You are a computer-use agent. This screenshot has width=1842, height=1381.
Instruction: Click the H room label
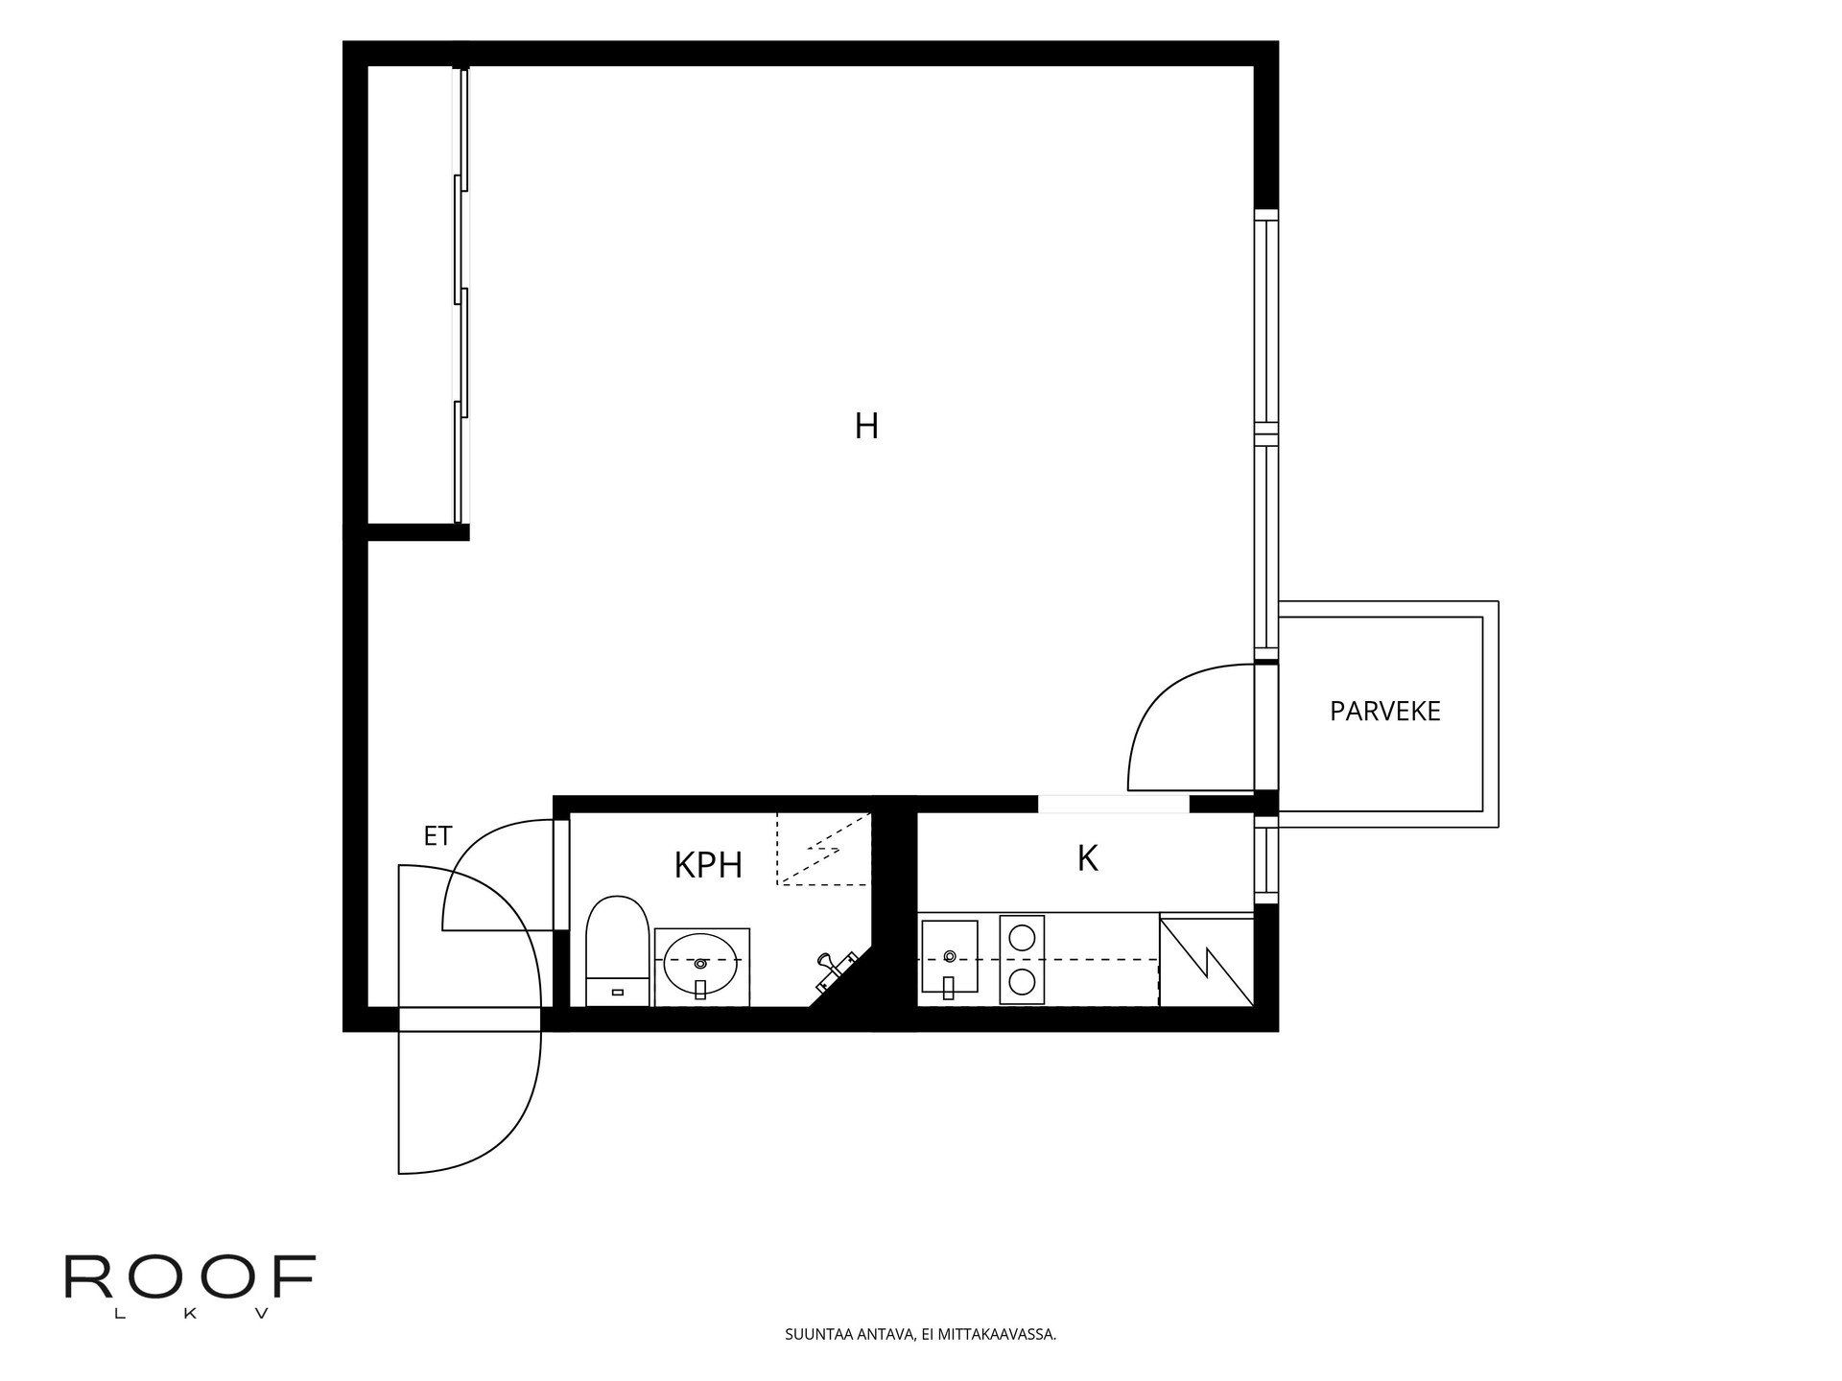click(x=866, y=426)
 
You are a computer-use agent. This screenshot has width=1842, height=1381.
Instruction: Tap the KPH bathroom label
click(x=708, y=865)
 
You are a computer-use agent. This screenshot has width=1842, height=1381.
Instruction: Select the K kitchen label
click(x=1087, y=858)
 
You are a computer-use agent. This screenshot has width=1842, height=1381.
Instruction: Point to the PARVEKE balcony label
click(x=1384, y=711)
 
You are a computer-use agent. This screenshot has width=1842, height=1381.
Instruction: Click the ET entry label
click(x=437, y=836)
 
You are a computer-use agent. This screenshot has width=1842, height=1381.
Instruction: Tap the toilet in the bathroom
click(x=613, y=950)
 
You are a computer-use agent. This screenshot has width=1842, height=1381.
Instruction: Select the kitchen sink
click(x=949, y=957)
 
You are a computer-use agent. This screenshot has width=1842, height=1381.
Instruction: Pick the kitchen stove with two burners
click(x=1022, y=959)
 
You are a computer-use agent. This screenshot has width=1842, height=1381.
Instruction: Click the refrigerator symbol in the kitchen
click(x=1206, y=960)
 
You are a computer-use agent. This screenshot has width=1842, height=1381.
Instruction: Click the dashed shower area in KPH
click(x=823, y=849)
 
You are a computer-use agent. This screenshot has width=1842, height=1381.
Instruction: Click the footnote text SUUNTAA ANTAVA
click(x=920, y=1334)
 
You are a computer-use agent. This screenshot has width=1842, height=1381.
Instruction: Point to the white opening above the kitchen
click(x=1114, y=805)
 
